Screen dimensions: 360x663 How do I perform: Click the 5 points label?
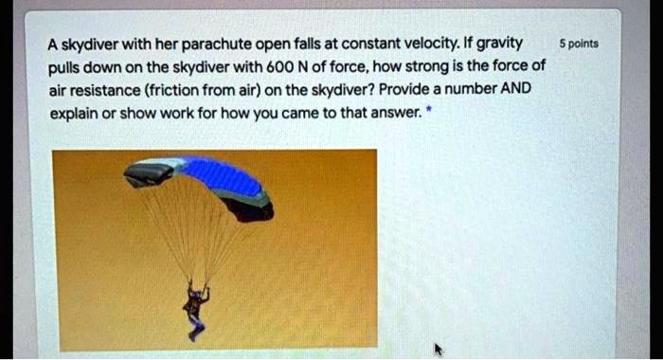579,44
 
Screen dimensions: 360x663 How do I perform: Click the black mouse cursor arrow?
439,349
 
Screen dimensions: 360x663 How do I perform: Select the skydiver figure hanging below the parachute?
195,308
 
